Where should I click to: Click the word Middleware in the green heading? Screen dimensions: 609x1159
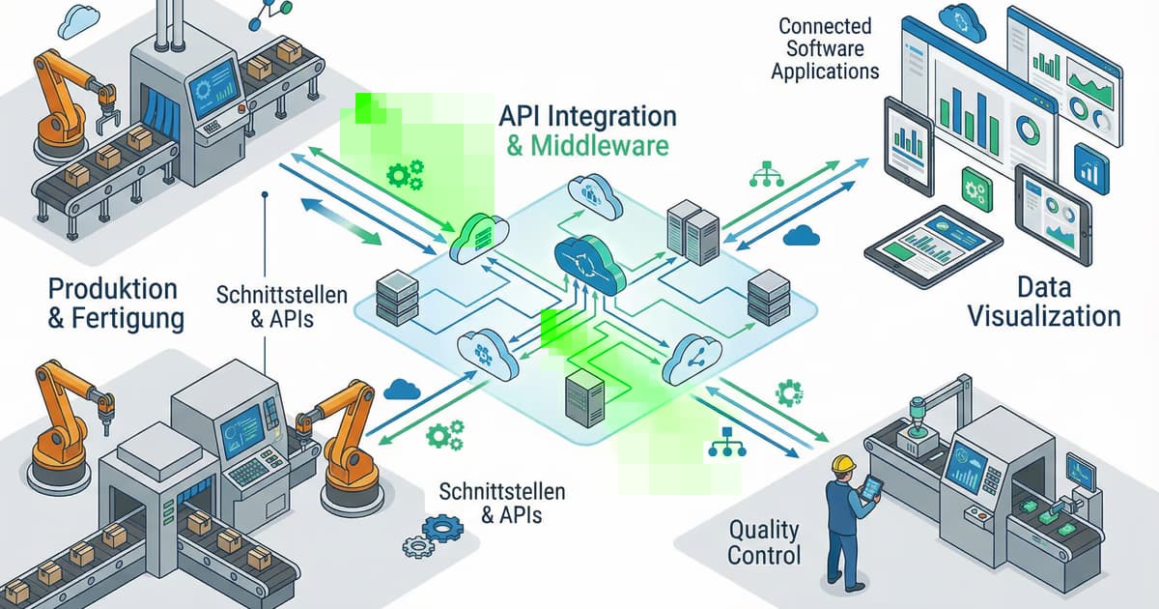pyautogui.click(x=600, y=147)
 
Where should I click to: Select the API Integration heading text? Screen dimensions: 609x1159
pyautogui.click(x=587, y=115)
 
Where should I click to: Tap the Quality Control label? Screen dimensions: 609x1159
pyautogui.click(x=764, y=542)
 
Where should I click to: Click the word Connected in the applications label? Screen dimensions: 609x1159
pyautogui.click(x=825, y=26)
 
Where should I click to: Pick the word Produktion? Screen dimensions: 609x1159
pyautogui.click(x=113, y=288)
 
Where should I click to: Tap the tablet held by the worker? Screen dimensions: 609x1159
pyautogui.click(x=872, y=487)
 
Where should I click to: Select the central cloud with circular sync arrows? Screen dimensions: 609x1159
pyautogui.click(x=584, y=259)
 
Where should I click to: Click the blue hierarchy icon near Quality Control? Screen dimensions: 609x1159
pyautogui.click(x=722, y=442)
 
